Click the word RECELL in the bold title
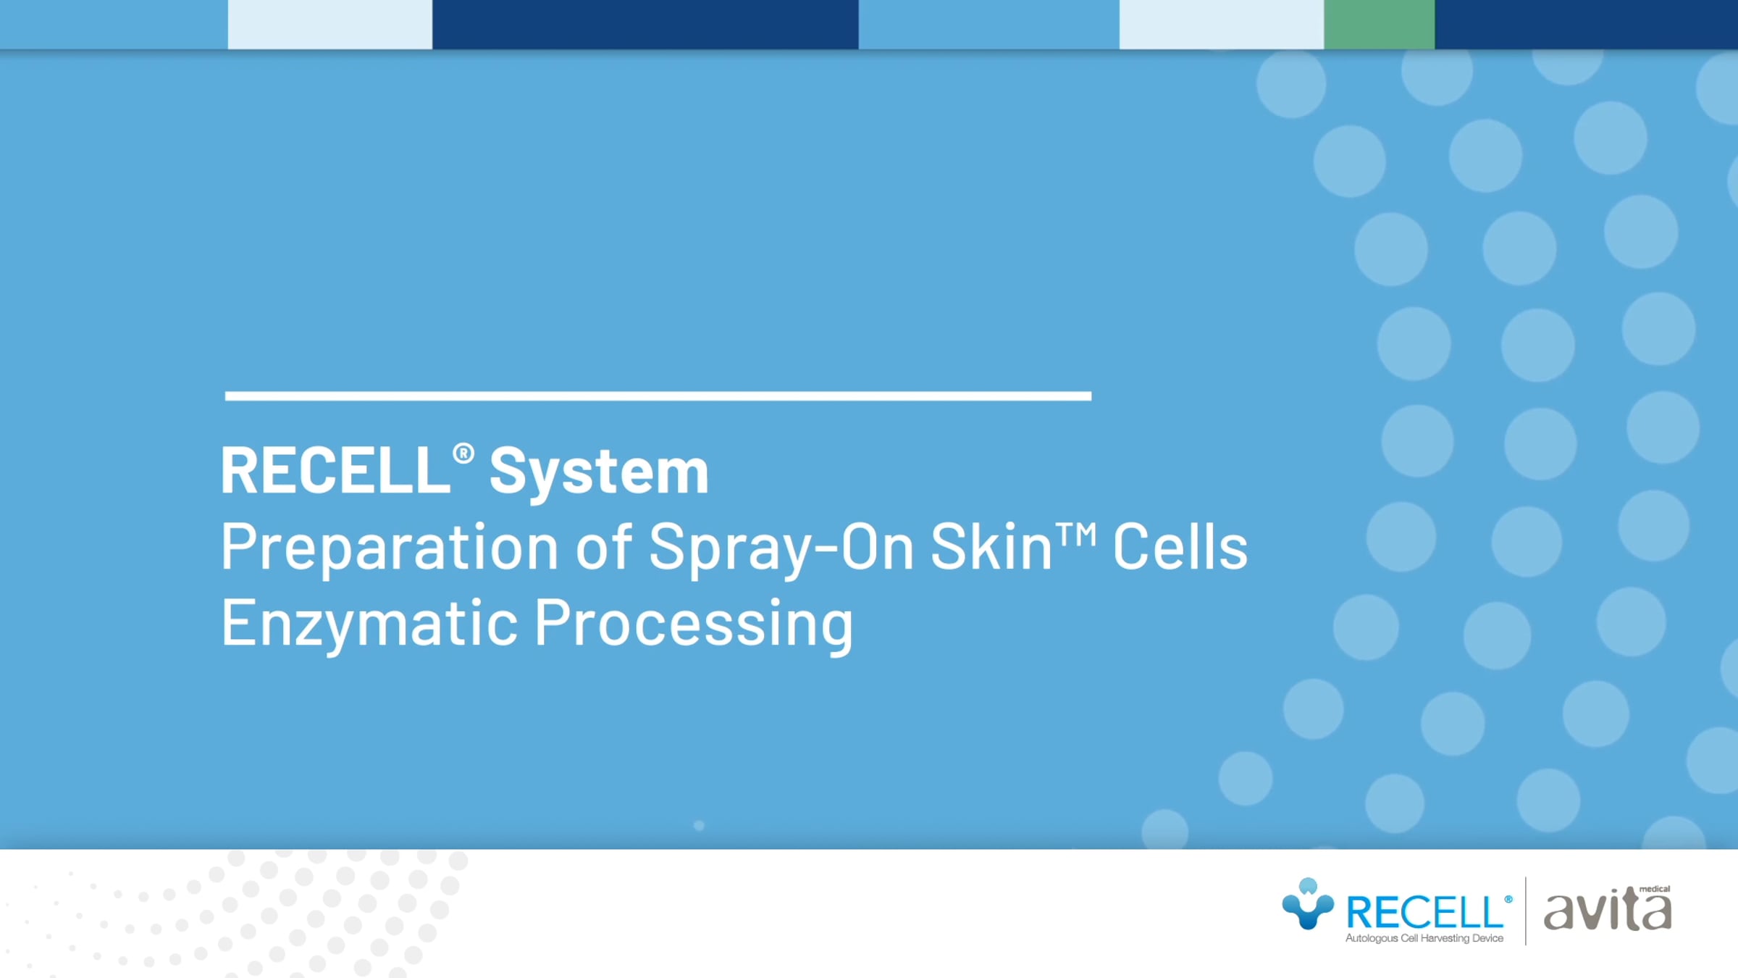click(x=335, y=471)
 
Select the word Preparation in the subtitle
click(x=390, y=548)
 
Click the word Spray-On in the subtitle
click(x=781, y=548)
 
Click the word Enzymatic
click(x=369, y=623)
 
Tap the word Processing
click(x=694, y=623)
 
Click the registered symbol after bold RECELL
click(x=463, y=454)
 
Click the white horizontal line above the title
click(x=658, y=396)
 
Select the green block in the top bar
click(x=1379, y=25)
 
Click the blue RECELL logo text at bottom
click(x=1424, y=912)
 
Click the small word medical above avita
click(x=1655, y=889)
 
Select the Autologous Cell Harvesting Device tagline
click(x=1424, y=938)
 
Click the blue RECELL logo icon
click(x=1308, y=904)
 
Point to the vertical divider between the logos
click(x=1525, y=911)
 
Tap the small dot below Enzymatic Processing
click(x=699, y=825)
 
